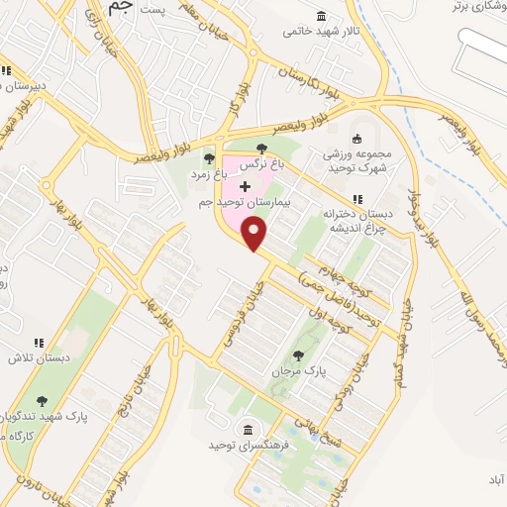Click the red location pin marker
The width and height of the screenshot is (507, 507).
pyautogui.click(x=255, y=234)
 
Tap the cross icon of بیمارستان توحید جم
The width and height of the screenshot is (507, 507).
pyautogui.click(x=245, y=186)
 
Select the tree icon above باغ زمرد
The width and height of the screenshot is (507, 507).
pyautogui.click(x=208, y=157)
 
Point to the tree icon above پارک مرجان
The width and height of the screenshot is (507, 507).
pyautogui.click(x=299, y=355)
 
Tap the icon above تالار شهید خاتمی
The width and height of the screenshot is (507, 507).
pyautogui.click(x=321, y=16)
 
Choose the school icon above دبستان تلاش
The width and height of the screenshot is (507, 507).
pyautogui.click(x=39, y=343)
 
